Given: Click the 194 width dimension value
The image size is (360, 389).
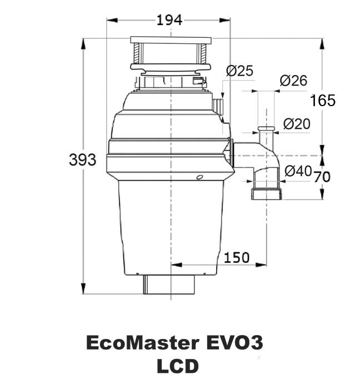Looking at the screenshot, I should [x=169, y=21].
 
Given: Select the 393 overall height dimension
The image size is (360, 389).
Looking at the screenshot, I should [x=82, y=160].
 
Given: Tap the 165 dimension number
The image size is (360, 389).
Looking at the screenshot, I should [x=323, y=101].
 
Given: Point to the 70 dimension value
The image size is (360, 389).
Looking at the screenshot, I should [x=322, y=177].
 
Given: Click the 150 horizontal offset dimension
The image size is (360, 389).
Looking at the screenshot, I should [x=237, y=257].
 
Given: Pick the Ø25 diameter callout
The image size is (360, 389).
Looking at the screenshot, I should [x=240, y=71].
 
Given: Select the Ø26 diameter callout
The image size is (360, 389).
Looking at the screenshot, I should [x=293, y=81].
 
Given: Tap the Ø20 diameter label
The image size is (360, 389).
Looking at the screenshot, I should [x=297, y=124].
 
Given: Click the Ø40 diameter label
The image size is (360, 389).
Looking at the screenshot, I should [x=298, y=172].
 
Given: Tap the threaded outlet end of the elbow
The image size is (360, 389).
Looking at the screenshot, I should [x=267, y=194].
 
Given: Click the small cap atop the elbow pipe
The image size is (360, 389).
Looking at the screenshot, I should [x=267, y=129].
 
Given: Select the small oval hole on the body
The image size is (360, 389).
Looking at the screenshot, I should [x=199, y=177].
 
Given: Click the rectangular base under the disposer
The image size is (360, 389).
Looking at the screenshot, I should [x=170, y=285].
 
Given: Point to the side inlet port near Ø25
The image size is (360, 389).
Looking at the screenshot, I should [x=218, y=105].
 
